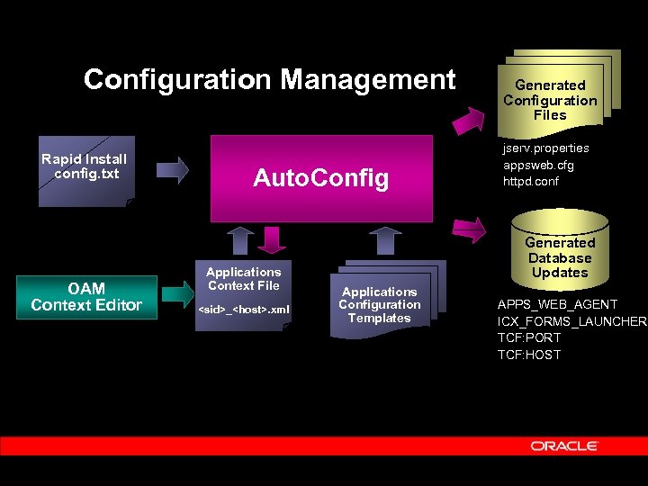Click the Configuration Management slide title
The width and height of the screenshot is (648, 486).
[x=269, y=79]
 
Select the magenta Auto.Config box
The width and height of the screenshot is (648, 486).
[x=321, y=178]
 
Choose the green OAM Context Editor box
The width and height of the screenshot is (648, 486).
[x=86, y=297]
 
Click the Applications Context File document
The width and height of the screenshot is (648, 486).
[x=243, y=280]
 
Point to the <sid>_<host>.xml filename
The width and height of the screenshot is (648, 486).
[x=243, y=310]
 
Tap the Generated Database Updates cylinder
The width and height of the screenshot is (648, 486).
[x=560, y=256]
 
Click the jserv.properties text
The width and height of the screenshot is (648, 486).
[x=545, y=148]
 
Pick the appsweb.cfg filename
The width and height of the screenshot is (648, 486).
[x=537, y=165]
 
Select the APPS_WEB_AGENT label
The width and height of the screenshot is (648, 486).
[x=557, y=304]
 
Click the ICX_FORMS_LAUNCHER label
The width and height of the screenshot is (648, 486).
[x=571, y=321]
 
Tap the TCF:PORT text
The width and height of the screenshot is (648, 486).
[x=529, y=337]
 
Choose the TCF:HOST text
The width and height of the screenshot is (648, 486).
[x=529, y=355]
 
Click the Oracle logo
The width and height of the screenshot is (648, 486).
[x=564, y=445]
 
